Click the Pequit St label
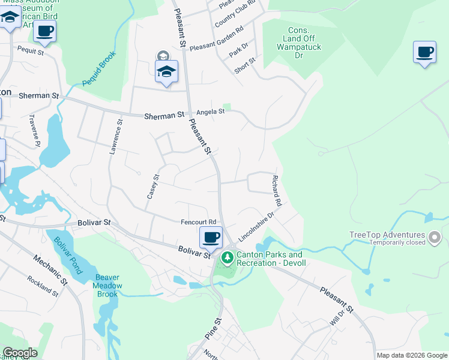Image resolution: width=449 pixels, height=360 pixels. pyautogui.click(x=31, y=52)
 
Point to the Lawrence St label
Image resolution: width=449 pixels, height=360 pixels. pyautogui.click(x=115, y=138)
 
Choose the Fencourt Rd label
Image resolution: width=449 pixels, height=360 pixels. pyautogui.click(x=198, y=222)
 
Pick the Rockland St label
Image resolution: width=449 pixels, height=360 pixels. pyautogui.click(x=42, y=286)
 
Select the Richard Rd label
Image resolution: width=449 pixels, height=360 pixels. pyautogui.click(x=277, y=191)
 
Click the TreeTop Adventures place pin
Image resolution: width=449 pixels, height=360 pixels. pyautogui.click(x=435, y=239)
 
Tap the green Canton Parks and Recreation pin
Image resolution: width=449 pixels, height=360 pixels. pyautogui.click(x=227, y=259)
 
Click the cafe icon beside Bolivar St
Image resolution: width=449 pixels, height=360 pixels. pyautogui.click(x=211, y=238)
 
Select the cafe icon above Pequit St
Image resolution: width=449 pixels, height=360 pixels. pyautogui.click(x=44, y=31)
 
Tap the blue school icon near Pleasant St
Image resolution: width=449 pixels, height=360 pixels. pyautogui.click(x=167, y=72)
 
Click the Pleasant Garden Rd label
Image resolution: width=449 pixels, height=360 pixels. pyautogui.click(x=216, y=38)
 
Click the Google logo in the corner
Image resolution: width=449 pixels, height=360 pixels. pyautogui.click(x=20, y=353)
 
